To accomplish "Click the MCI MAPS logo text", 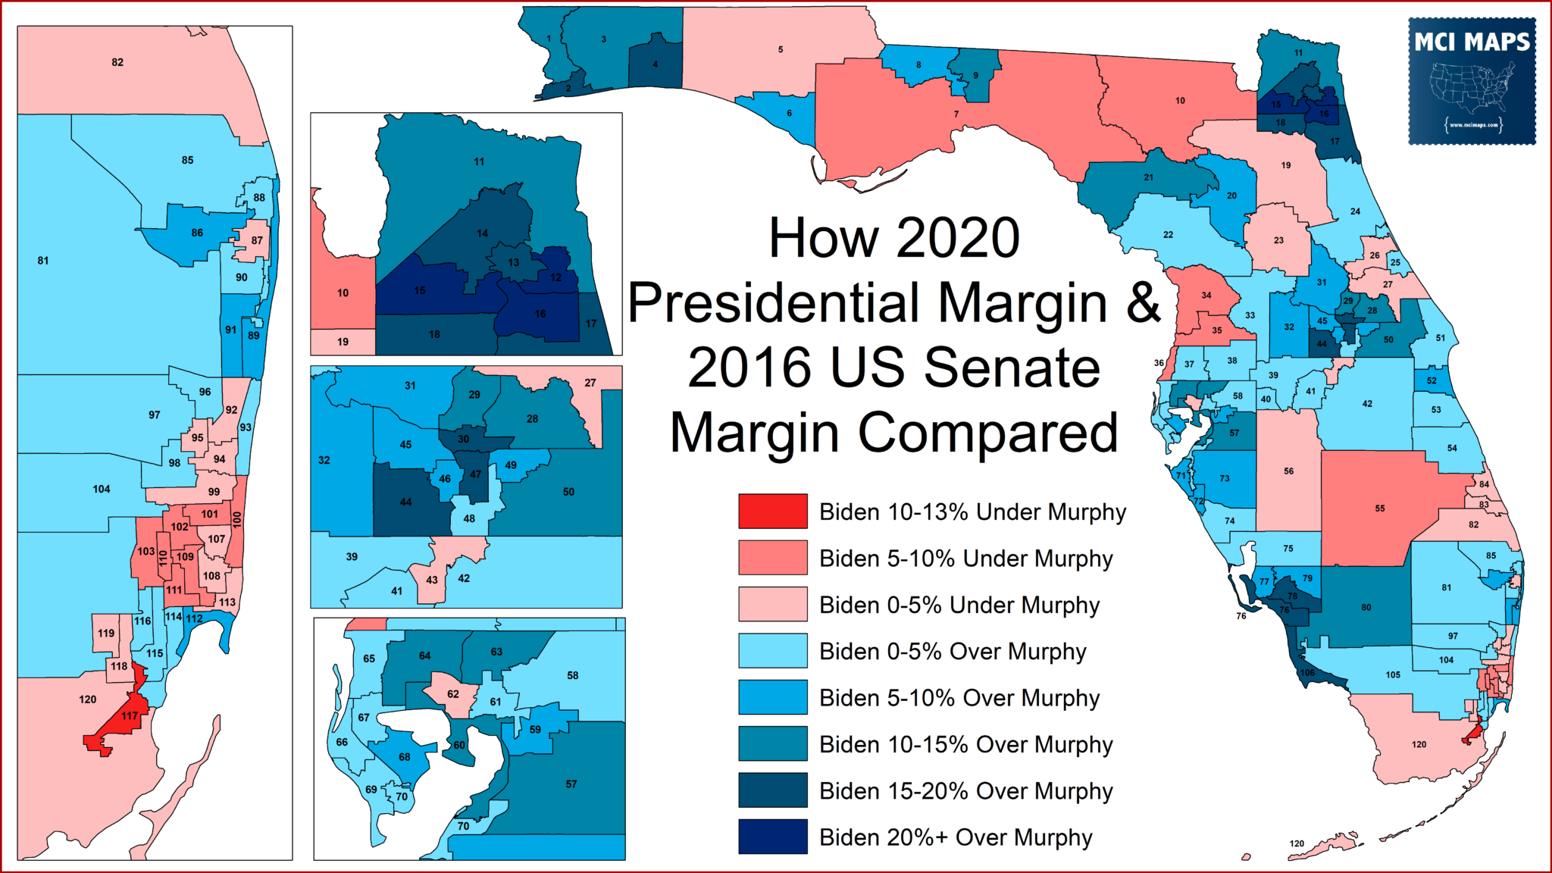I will pyautogui.click(x=1472, y=42).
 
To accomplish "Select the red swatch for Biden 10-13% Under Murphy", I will pyautogui.click(x=773, y=512).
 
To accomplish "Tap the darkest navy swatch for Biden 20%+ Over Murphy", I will pyautogui.click(x=773, y=837).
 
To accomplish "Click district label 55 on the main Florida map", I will pyautogui.click(x=1380, y=508).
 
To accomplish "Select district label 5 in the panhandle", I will pyautogui.click(x=781, y=49).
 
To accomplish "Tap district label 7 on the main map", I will pyautogui.click(x=956, y=114).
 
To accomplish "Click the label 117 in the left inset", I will pyautogui.click(x=130, y=715).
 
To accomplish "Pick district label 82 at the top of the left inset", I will pyautogui.click(x=117, y=62).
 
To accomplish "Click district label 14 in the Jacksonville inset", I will pyautogui.click(x=483, y=233).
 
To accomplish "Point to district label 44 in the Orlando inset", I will pyautogui.click(x=406, y=502).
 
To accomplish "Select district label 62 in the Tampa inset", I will pyautogui.click(x=453, y=693).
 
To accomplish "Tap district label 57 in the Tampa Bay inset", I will pyautogui.click(x=571, y=784).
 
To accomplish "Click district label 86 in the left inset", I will pyautogui.click(x=197, y=233).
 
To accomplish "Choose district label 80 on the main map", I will pyautogui.click(x=1366, y=607).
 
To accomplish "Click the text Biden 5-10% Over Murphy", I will pyautogui.click(x=959, y=698).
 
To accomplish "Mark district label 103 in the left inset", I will pyautogui.click(x=146, y=551).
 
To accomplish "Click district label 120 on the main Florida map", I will pyautogui.click(x=1419, y=744).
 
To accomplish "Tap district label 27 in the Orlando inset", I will pyautogui.click(x=590, y=383).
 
